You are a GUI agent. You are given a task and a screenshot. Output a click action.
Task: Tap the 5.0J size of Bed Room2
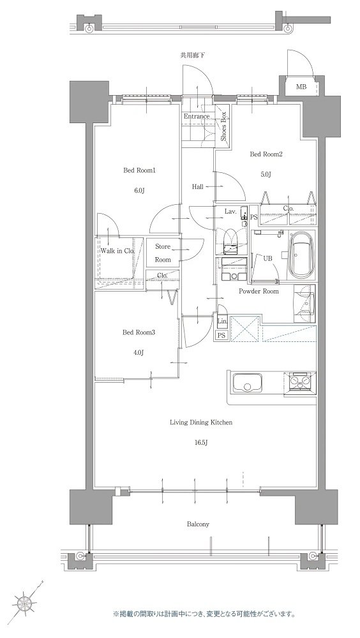(266, 175)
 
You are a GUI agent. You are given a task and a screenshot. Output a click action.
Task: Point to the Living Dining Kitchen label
(201, 423)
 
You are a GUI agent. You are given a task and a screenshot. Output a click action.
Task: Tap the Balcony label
(198, 524)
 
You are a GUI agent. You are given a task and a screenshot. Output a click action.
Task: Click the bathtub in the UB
(301, 255)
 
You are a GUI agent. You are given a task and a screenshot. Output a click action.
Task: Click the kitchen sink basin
(247, 382)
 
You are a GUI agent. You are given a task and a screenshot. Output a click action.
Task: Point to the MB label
(301, 87)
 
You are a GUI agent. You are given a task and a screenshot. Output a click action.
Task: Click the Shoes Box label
(223, 126)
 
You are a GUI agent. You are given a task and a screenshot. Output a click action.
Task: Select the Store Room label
(163, 253)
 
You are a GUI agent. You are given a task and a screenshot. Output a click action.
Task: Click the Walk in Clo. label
(117, 251)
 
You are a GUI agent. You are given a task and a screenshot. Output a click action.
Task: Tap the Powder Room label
(259, 292)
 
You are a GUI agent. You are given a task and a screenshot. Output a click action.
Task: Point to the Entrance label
(197, 116)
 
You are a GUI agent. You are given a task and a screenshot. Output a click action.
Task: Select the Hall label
(198, 187)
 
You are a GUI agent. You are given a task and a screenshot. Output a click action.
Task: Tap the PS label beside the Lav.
(253, 218)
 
